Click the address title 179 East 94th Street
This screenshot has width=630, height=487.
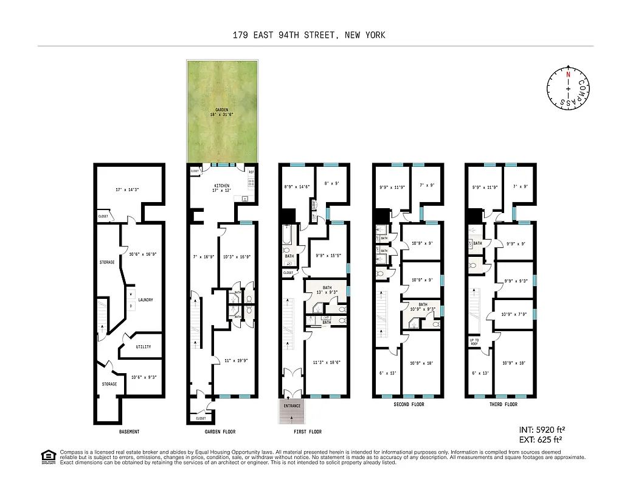[x=309, y=35]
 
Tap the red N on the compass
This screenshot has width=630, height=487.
[x=568, y=74]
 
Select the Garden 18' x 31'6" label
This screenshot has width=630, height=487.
[x=221, y=111]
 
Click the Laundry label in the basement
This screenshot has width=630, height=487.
[x=145, y=300]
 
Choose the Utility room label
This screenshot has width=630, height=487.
[x=144, y=347]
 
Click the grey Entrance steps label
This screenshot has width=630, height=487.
[x=292, y=405]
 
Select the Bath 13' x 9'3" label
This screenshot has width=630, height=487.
[x=327, y=290]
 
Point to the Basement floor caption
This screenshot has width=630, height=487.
[x=129, y=432]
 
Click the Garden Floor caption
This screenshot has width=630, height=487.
[x=221, y=432]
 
